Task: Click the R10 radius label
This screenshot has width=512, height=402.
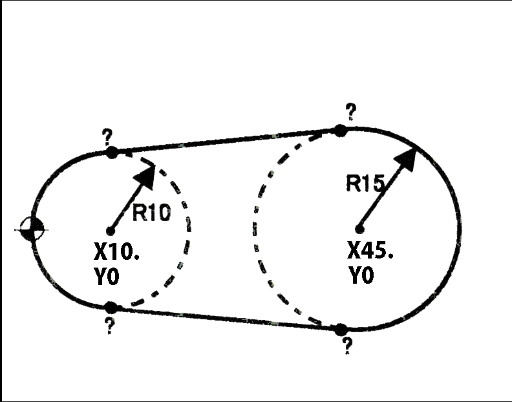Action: coord(152,213)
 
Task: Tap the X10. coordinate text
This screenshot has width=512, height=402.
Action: coord(118,252)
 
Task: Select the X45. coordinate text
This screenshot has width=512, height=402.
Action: coord(370,251)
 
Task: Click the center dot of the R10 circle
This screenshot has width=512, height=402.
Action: coord(111,230)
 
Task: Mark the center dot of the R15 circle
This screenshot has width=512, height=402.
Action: coord(359,227)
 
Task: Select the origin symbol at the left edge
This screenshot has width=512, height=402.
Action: coord(31,229)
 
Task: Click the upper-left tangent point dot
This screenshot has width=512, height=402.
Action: coord(111,153)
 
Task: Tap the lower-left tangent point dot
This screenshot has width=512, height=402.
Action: coord(111,307)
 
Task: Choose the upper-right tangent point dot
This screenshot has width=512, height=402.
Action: coord(340,130)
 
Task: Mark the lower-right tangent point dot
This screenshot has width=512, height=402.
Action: coord(341,330)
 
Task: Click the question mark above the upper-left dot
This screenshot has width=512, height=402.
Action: coord(107,136)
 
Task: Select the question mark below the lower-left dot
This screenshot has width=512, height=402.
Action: coord(109,326)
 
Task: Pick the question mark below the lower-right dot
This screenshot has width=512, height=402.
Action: coord(347,346)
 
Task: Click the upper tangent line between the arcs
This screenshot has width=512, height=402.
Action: coord(226,141)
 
